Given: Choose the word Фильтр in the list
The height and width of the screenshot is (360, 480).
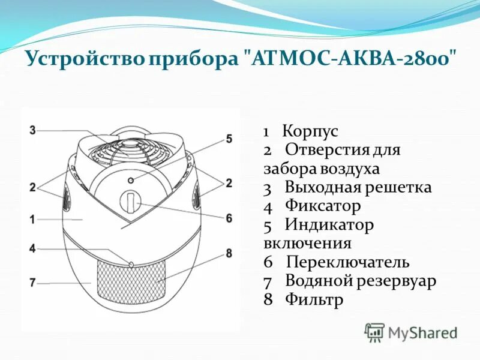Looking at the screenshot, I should click(x=314, y=299).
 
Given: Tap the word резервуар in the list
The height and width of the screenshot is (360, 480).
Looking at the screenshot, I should click(x=394, y=281).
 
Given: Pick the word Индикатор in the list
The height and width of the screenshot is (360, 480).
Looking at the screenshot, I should click(x=329, y=225).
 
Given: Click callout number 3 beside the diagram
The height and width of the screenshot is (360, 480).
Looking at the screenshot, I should click(x=32, y=129).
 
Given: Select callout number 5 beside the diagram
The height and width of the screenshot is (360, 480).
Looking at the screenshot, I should click(x=229, y=139).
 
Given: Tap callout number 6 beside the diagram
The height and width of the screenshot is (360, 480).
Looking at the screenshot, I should click(x=229, y=218).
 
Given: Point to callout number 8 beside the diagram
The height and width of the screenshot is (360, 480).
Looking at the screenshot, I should click(x=229, y=254).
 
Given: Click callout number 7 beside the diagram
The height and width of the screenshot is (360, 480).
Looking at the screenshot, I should click(x=32, y=281).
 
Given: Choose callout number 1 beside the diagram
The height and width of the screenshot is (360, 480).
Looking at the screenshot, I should click(x=32, y=220).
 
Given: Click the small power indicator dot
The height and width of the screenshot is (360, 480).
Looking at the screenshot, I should click(x=130, y=179).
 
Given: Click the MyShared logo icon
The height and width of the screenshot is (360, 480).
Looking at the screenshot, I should click(x=374, y=332).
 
